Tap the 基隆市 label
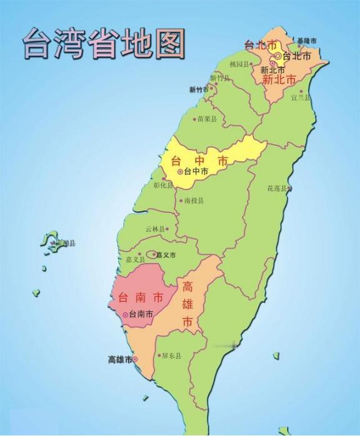(307, 41)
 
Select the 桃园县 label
(239, 64)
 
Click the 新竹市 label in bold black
(199, 89)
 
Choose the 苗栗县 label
(206, 119)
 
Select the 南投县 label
(193, 201)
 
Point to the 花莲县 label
(277, 188)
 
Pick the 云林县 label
(156, 229)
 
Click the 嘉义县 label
(134, 259)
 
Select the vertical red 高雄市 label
(187, 305)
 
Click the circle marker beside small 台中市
(180, 171)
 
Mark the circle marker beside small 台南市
(126, 315)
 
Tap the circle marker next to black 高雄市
(136, 359)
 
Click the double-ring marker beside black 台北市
(278, 56)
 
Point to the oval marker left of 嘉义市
(152, 255)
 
